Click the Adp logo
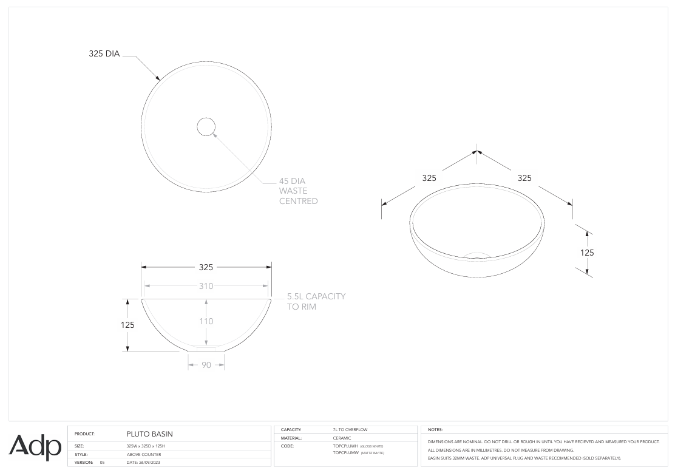(35, 447)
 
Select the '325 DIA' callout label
(104, 53)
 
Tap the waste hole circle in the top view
(206, 126)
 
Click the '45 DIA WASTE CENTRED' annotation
(298, 191)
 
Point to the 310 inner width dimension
(206, 286)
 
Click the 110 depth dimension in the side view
(206, 321)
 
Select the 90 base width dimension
(206, 365)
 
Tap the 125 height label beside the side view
(127, 325)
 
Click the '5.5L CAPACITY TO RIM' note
(316, 301)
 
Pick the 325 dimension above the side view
(206, 267)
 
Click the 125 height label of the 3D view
(587, 253)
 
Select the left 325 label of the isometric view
(429, 178)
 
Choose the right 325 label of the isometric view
(524, 178)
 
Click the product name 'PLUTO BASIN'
(149, 434)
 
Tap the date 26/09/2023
(143, 463)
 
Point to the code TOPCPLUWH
(346, 446)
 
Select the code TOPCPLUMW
(346, 452)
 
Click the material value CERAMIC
(342, 438)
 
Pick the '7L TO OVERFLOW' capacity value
(350, 430)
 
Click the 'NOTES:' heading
(435, 430)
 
